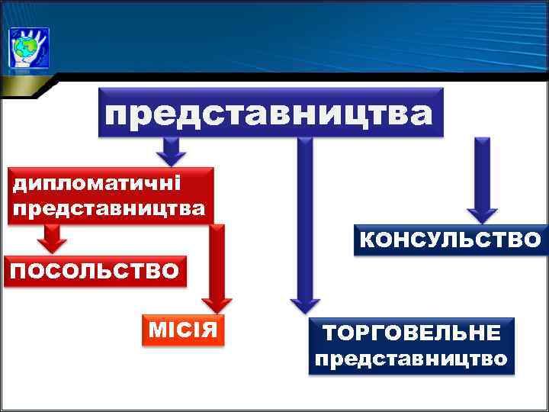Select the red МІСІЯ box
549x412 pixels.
(184, 330)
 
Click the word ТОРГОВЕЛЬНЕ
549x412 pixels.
(411, 333)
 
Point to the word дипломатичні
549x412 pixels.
(95, 184)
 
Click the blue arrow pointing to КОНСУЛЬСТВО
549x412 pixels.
(481, 179)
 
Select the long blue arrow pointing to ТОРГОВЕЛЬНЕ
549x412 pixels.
(304, 221)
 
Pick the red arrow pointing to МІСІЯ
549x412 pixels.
(218, 267)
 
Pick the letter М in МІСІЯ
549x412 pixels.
(156, 330)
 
